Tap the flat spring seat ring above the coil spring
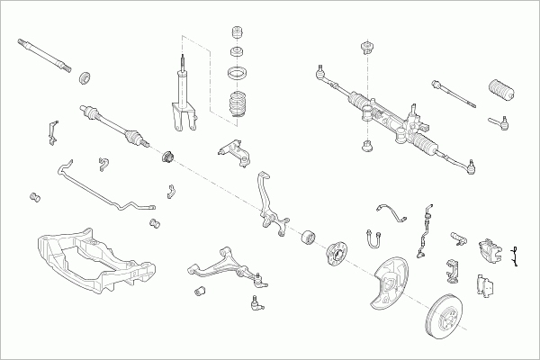[237, 73]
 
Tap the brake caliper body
[492, 252]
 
